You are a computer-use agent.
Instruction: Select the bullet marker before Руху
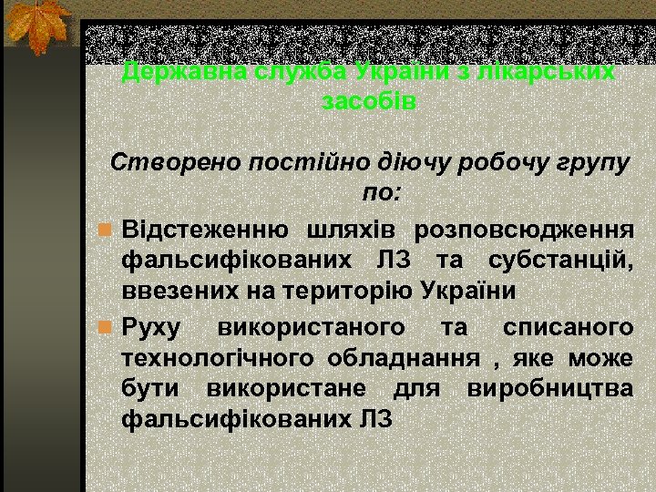click(105, 324)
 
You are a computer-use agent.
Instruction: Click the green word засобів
click(369, 101)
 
